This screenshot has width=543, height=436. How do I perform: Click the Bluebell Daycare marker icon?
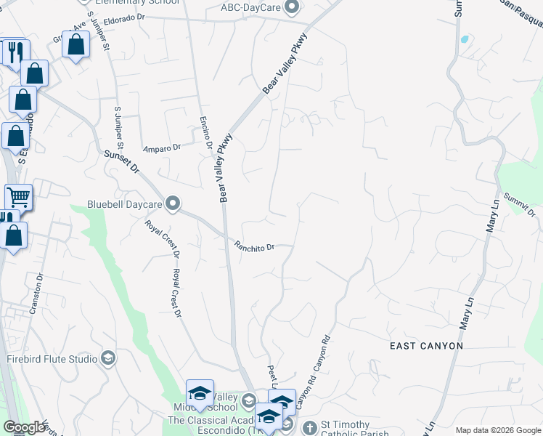(173, 203)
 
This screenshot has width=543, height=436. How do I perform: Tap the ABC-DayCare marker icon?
(292, 8)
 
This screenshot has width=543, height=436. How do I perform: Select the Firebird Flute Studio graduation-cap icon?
(108, 358)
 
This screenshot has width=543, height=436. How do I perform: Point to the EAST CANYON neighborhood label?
(426, 346)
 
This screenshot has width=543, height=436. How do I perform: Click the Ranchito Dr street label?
(254, 246)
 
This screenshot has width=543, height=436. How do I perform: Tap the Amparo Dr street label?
(161, 147)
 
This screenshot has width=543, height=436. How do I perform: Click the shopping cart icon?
(18, 196)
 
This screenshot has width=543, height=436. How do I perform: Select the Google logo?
(24, 427)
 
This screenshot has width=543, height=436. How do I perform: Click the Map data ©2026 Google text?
(497, 429)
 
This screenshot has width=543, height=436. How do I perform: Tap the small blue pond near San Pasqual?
(463, 39)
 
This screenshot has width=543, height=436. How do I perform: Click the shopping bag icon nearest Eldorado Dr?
(75, 46)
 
